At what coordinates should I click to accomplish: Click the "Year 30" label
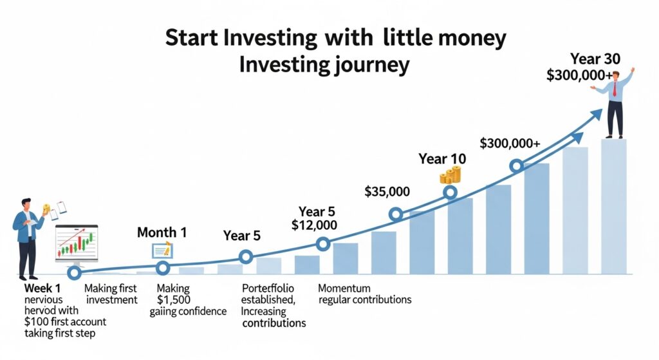coord(595,59)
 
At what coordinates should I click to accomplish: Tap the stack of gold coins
coord(450,175)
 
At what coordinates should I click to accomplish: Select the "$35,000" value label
coord(387,191)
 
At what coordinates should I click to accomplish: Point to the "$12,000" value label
coord(314,225)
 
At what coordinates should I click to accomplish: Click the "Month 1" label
coord(162,232)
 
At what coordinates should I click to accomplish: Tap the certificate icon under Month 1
coord(161,250)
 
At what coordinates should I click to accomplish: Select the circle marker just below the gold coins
coord(450,192)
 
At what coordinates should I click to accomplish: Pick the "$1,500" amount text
coord(174,300)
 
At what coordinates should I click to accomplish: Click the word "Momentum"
coord(346,288)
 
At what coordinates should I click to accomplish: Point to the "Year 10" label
coord(442,158)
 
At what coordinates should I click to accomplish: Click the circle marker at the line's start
coord(75,273)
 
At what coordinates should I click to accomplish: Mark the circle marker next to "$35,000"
coord(396,214)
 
